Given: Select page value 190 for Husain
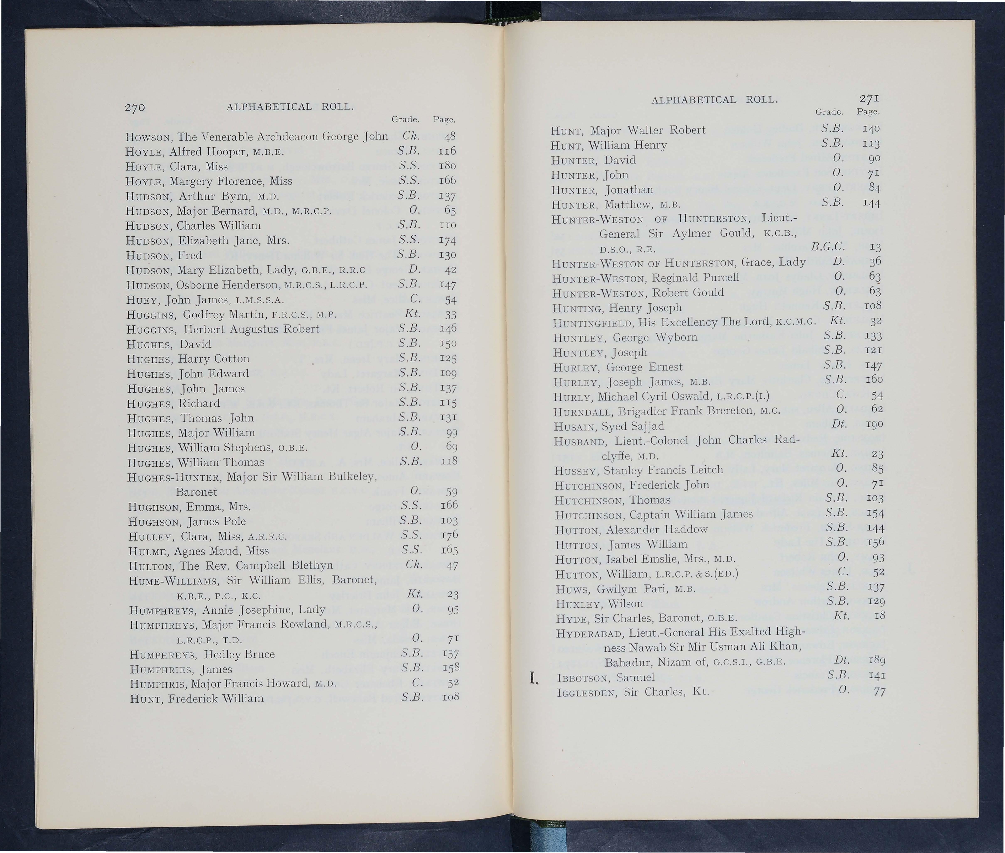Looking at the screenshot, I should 875,424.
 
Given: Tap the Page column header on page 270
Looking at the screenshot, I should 444,119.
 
